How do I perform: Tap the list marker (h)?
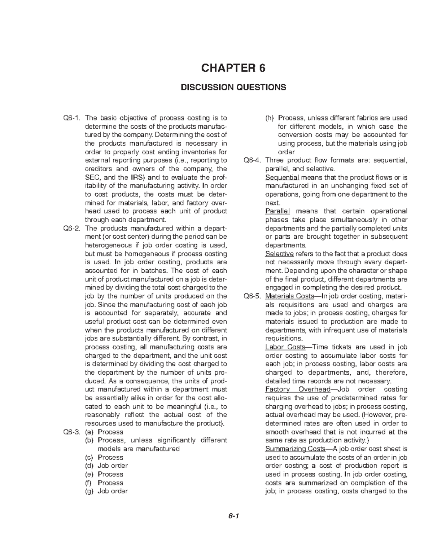[269, 118]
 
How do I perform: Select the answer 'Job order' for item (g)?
[113, 491]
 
